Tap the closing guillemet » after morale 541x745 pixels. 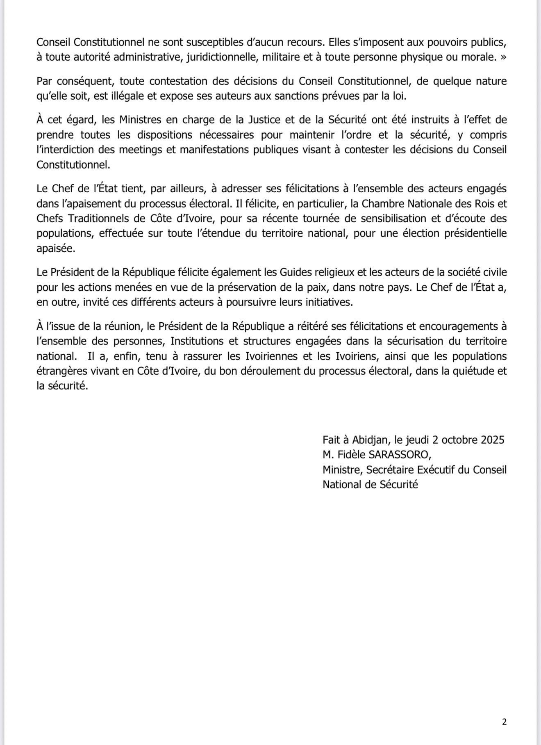click(x=503, y=57)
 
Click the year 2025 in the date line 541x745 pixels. click(x=492, y=440)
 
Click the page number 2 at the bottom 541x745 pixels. click(x=504, y=722)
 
